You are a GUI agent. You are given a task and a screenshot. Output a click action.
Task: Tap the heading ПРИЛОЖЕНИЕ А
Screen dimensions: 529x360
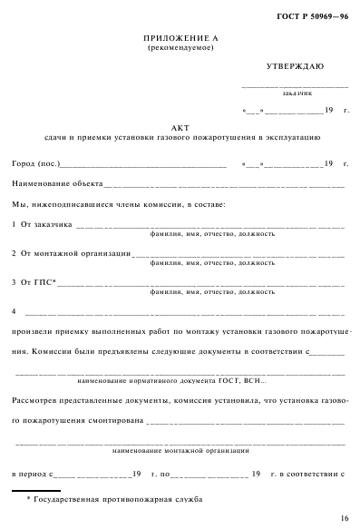coord(180,37)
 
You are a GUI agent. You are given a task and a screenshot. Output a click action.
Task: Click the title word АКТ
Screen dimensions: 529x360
coord(180,127)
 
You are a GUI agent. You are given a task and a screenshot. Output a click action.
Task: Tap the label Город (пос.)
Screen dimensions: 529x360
coord(35,164)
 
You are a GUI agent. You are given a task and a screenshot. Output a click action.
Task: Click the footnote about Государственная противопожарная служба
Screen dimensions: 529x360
coord(113,500)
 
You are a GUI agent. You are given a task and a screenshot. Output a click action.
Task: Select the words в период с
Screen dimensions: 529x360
coord(31,473)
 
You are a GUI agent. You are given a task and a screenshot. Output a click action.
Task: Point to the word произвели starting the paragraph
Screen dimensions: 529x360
coord(34,331)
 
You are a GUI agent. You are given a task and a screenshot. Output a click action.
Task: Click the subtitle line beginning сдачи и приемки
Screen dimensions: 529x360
coord(180,138)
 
